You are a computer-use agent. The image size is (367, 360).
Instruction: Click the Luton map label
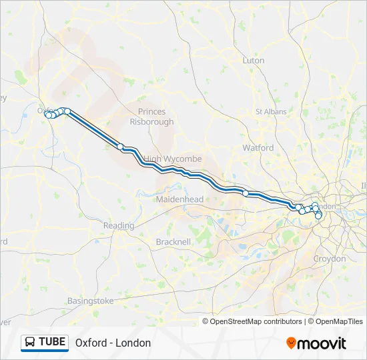(254, 61)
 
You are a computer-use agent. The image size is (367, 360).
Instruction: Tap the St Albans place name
(271, 111)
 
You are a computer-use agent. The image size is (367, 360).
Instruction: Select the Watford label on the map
(258, 147)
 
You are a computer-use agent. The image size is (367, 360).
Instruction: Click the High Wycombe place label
(172, 159)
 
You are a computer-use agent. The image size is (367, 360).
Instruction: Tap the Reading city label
(118, 226)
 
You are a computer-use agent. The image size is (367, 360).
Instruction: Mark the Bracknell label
(173, 241)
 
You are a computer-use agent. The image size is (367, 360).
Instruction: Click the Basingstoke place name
(90, 301)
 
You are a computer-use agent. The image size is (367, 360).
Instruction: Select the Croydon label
(330, 259)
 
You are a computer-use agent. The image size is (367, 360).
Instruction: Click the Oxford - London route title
(113, 343)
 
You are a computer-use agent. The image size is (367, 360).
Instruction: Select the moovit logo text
(322, 343)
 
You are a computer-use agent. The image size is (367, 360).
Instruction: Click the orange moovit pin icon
(291, 343)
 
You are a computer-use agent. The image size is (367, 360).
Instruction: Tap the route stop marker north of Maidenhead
(246, 193)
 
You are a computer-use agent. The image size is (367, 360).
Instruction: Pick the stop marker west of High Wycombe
(121, 147)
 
